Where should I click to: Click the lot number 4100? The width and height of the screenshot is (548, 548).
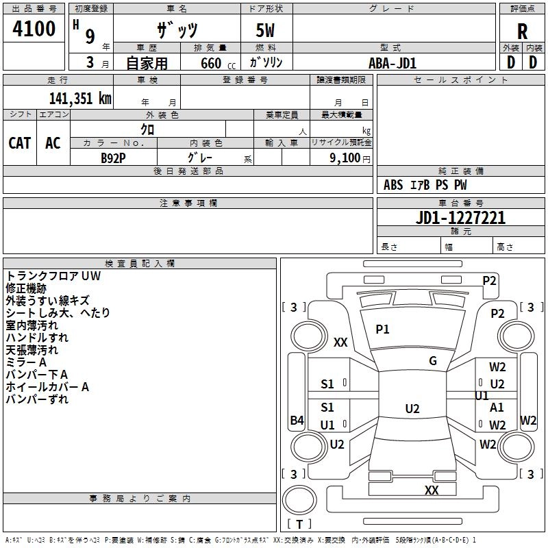point(34,29)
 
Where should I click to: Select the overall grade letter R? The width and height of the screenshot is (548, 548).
point(522,32)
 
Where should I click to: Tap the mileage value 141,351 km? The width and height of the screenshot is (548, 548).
point(80,98)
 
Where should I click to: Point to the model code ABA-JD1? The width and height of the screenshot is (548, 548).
point(393,62)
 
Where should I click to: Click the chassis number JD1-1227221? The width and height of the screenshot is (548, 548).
point(460,218)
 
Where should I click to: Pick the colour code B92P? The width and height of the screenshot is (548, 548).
point(113,158)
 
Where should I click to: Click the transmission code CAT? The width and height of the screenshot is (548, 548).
point(19,142)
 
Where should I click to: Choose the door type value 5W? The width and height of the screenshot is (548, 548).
point(266,32)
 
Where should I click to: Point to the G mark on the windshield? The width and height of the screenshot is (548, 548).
point(433,361)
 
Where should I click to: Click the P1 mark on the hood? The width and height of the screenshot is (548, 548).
point(382,329)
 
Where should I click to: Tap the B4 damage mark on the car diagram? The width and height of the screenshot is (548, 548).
point(297,421)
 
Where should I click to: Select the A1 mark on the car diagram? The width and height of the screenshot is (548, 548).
point(497,408)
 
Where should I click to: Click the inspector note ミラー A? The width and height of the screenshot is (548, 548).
point(26,362)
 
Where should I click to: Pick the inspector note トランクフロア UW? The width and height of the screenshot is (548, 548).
point(53,276)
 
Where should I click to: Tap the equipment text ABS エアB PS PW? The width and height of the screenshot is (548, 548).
point(425,185)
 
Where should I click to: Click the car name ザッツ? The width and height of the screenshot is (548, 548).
point(176,31)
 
